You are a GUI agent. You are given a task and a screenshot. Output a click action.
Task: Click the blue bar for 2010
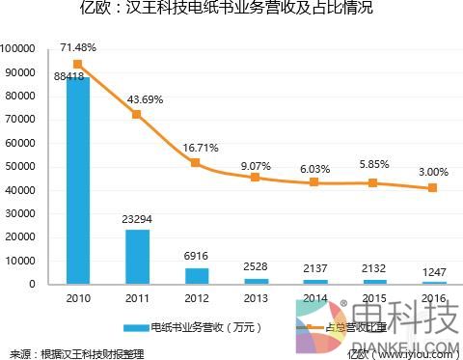pos(78,180)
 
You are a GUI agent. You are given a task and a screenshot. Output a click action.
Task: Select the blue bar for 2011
pos(137,257)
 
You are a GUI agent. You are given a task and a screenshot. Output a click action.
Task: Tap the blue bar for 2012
pos(196,276)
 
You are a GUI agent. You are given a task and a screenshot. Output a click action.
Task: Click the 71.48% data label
pos(78,47)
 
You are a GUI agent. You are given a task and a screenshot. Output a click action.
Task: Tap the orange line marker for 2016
pos(432,188)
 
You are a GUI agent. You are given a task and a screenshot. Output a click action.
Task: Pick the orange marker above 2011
pos(137,114)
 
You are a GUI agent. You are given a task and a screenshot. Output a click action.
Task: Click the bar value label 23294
pos(137,220)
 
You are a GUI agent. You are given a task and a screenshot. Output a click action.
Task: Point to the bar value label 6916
pos(196,259)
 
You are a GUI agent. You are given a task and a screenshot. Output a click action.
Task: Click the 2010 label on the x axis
pos(78,297)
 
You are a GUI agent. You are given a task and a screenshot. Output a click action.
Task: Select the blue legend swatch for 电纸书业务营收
pos(129,326)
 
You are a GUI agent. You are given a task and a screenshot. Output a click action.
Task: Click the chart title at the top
pos(231,11)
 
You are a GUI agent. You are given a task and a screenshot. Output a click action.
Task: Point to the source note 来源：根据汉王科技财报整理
pos(76,352)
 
